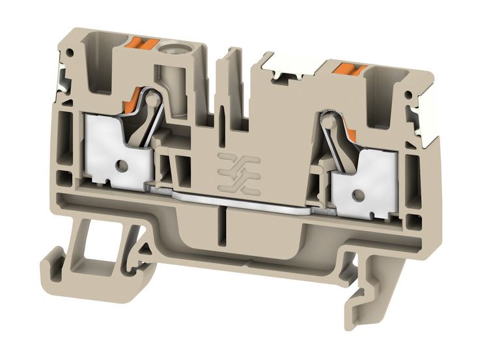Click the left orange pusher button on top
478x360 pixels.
coord(142,45)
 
